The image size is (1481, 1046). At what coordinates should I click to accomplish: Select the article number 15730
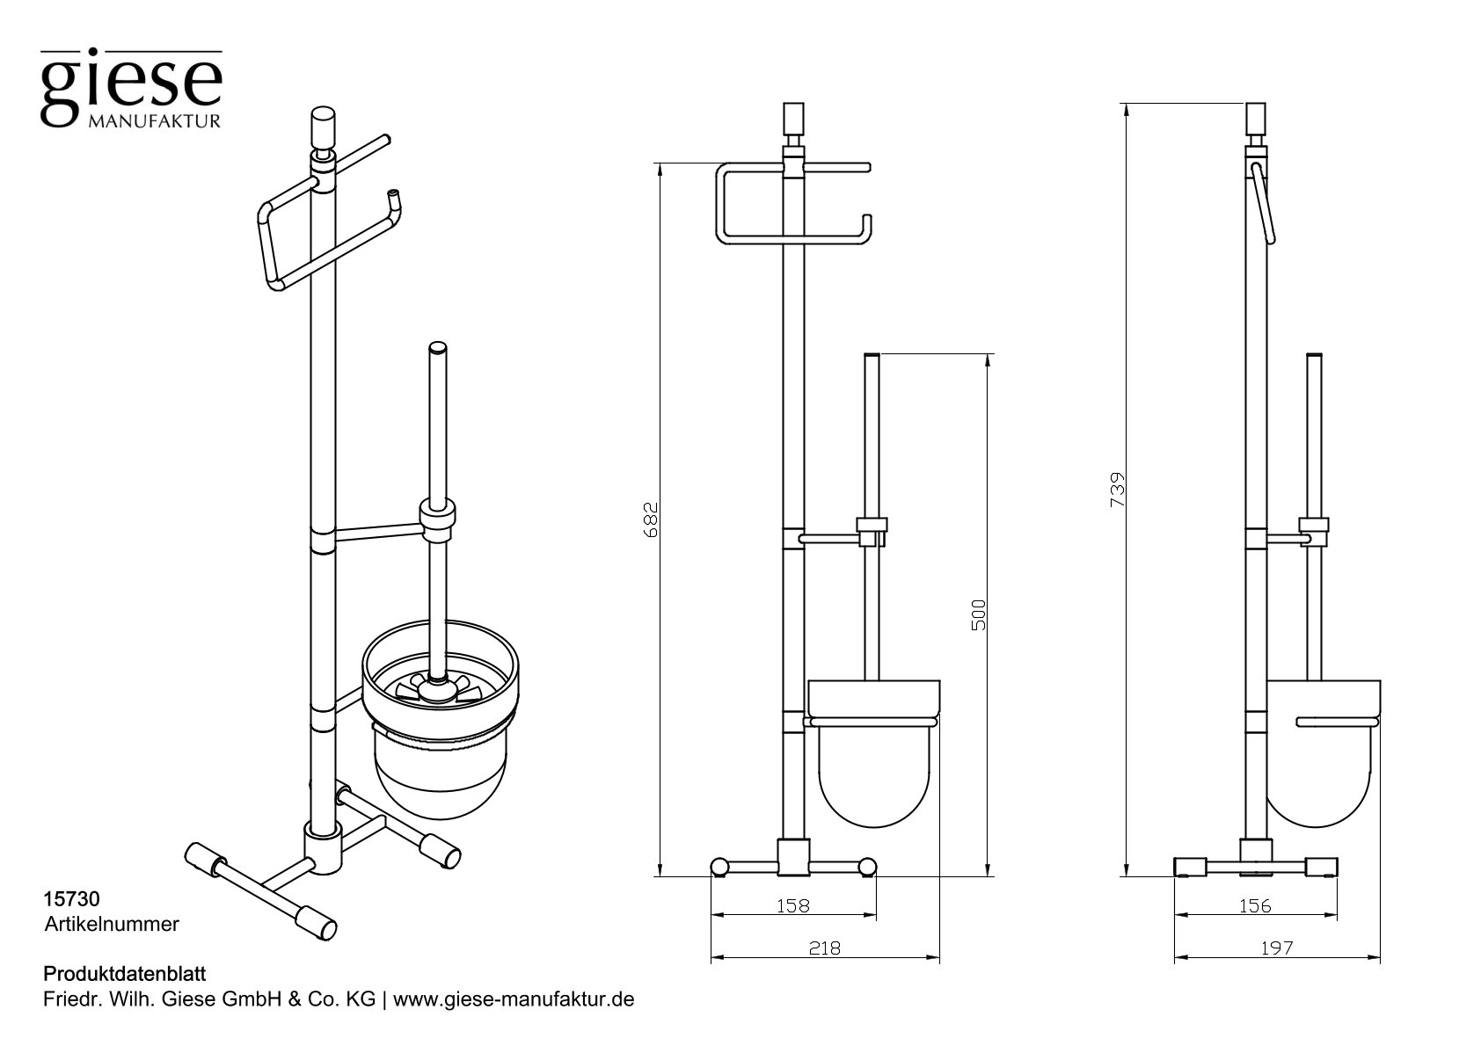(71, 899)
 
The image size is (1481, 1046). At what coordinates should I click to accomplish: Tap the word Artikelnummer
(112, 924)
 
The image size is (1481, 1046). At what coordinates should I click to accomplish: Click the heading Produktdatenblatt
(124, 974)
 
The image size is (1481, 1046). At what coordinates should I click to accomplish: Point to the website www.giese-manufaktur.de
(514, 999)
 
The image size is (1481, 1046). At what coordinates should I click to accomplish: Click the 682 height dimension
(652, 519)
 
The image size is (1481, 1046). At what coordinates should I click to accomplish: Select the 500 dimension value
(980, 614)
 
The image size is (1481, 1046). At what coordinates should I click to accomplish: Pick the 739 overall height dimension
(1118, 489)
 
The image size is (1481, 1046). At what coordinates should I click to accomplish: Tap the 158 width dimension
(792, 905)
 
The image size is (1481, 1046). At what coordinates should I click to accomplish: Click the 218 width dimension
(825, 948)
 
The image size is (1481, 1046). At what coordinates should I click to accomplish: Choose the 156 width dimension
(1254, 905)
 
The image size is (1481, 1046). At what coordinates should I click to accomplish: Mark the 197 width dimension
(1276, 948)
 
